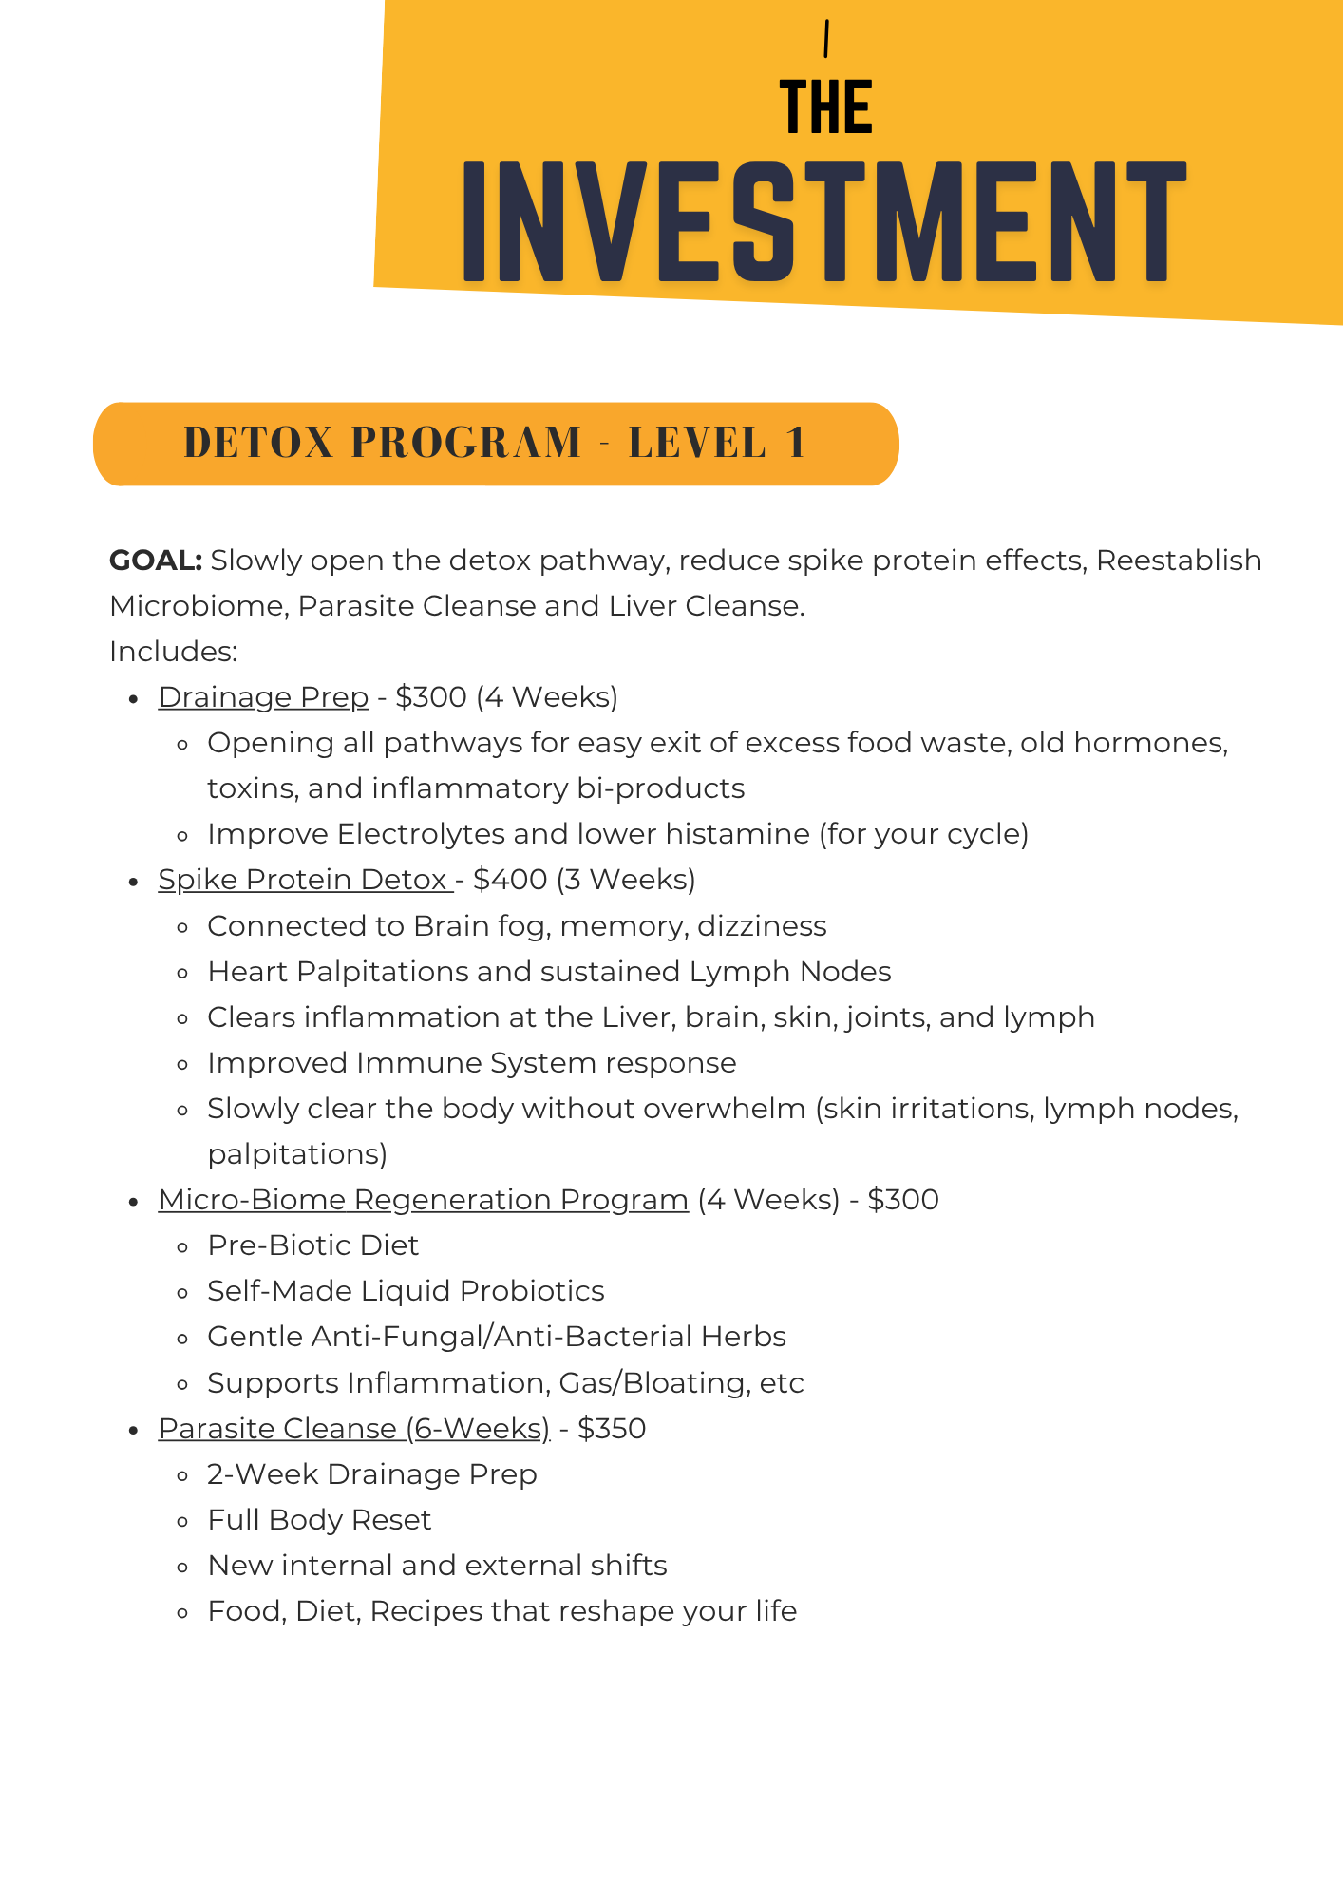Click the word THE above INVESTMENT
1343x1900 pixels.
(x=825, y=106)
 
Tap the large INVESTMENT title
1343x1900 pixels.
(x=824, y=221)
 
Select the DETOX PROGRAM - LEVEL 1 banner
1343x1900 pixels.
(x=496, y=444)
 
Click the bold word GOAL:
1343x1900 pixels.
(x=156, y=560)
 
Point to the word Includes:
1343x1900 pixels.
(x=173, y=652)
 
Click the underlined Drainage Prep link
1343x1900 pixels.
(x=263, y=697)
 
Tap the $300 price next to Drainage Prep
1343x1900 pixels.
(x=431, y=697)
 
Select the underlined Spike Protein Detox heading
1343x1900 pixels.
(x=304, y=880)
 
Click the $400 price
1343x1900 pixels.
(x=510, y=880)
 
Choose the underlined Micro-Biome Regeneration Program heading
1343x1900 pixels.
(x=423, y=1200)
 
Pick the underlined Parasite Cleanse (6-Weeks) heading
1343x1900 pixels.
(x=353, y=1429)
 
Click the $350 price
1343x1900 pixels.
(x=612, y=1429)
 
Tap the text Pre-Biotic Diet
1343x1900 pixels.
(x=312, y=1245)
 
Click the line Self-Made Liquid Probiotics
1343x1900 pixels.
(x=406, y=1291)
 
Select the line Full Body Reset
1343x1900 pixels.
(x=319, y=1520)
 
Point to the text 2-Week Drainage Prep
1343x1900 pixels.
(x=371, y=1474)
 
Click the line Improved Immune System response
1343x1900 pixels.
(x=471, y=1063)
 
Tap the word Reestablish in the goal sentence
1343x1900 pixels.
(x=1179, y=560)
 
